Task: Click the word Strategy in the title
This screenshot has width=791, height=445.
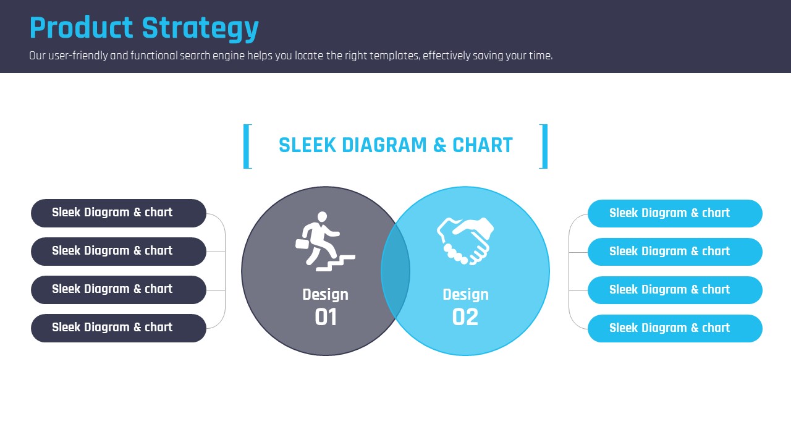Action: pos(200,28)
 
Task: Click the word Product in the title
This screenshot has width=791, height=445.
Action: pos(81,27)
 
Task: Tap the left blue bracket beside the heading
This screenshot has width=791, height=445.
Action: pos(247,146)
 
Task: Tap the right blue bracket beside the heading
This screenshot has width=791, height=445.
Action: pos(544,146)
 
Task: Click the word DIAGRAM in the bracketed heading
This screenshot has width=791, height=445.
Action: pos(384,145)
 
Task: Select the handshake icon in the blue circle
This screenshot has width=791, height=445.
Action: pos(465,241)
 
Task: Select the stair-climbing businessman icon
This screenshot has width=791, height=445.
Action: pos(325,242)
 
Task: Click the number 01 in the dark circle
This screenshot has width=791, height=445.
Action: pos(326,317)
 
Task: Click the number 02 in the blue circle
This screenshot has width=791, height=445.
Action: pos(465,317)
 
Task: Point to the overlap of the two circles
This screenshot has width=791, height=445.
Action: pos(395,271)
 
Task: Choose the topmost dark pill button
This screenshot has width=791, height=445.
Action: pos(119,213)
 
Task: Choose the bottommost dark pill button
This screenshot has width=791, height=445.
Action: pos(119,328)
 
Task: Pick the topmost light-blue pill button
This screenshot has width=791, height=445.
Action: pos(675,213)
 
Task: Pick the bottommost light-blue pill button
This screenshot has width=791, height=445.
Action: pos(675,328)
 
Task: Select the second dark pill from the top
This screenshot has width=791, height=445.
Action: pos(119,252)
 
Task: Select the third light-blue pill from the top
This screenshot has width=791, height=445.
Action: pos(675,290)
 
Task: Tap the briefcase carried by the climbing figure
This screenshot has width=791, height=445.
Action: pos(302,244)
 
